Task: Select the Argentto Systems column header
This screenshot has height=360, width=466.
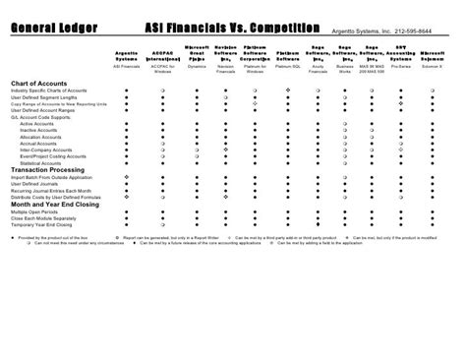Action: point(126,57)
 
